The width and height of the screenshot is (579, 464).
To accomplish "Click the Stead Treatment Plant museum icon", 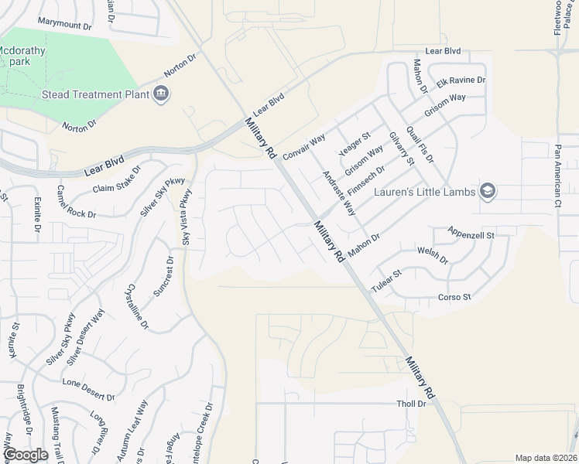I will pyautogui.click(x=161, y=94).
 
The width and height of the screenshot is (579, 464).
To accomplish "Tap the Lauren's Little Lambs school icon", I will pyautogui.click(x=487, y=191).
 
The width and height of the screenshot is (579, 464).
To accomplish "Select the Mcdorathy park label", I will pyautogui.click(x=22, y=56).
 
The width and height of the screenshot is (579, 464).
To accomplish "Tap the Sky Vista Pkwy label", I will pyautogui.click(x=186, y=217).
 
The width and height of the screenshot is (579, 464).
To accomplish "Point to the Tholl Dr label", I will pyautogui.click(x=411, y=404).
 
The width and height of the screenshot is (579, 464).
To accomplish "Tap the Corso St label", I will pyautogui.click(x=455, y=297).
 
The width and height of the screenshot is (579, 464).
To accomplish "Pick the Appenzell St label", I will pyautogui.click(x=471, y=233).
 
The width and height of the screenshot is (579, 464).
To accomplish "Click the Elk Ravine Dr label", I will pyautogui.click(x=461, y=80).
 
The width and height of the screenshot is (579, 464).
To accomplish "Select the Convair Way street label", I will pyautogui.click(x=303, y=145).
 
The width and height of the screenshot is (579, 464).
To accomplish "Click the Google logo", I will pyautogui.click(x=26, y=455).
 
